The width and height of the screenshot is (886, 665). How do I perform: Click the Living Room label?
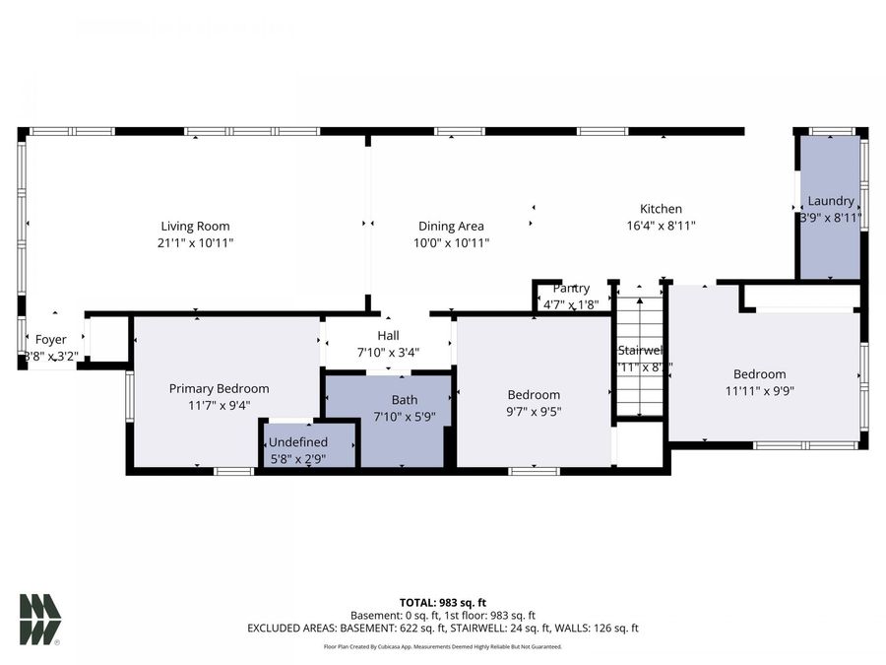pos(195,226)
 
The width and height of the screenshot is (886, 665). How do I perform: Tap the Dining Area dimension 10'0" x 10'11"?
pos(451,242)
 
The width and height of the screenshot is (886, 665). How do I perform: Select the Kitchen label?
pos(661,209)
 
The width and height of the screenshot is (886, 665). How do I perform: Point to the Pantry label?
pos(571,288)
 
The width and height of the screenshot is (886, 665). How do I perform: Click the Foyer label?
pos(51,340)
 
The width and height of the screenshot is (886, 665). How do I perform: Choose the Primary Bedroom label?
pos(219,388)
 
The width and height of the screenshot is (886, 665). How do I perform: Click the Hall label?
pos(388,336)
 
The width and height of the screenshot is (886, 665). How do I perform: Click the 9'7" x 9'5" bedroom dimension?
pos(535,412)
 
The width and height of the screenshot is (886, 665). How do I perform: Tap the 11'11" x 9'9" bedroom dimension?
pos(759,390)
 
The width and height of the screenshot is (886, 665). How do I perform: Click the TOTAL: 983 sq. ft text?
pos(443,602)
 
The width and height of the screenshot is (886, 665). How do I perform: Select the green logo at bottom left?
pos(39,619)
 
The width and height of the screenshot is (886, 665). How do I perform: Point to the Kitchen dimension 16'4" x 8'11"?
pos(661,226)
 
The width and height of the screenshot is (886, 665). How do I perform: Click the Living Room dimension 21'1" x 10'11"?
pos(195,242)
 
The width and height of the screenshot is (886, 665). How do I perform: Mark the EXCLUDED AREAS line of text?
pos(443,628)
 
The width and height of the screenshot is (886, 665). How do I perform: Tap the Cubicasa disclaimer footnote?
pos(443,647)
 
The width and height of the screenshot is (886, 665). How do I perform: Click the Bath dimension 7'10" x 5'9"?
pos(404,417)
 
